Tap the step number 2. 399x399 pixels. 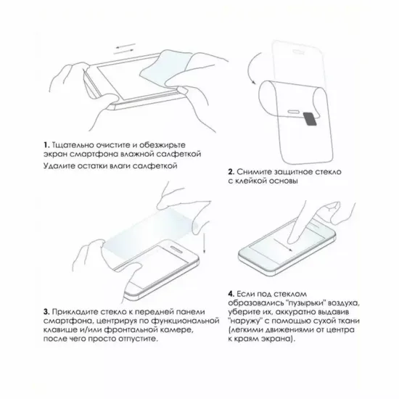[231, 172]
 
